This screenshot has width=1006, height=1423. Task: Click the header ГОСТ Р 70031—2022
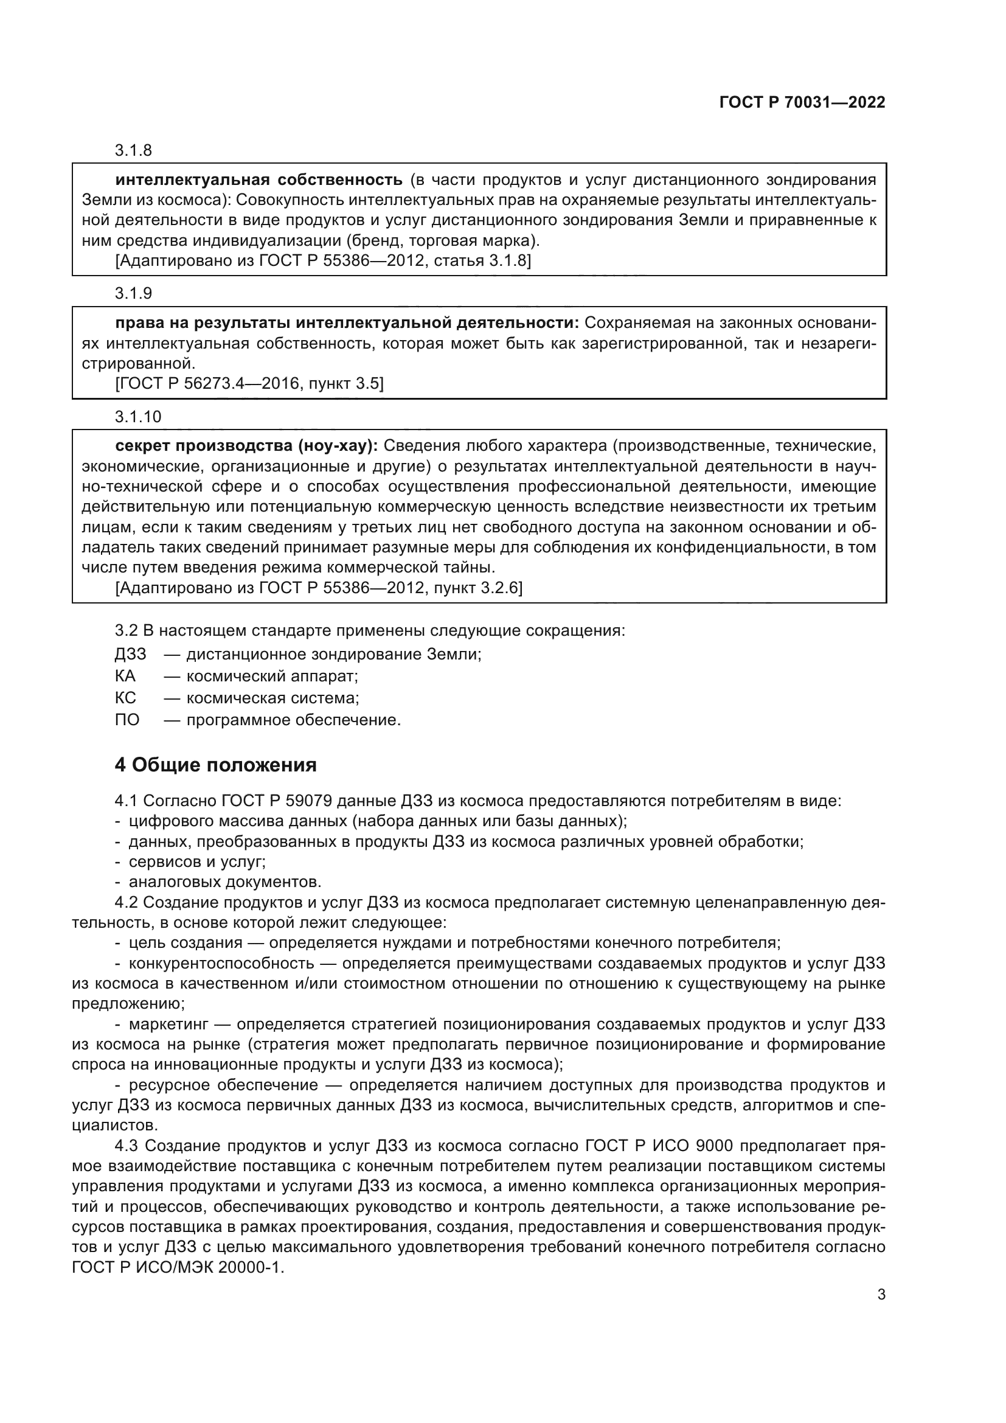pyautogui.click(x=802, y=102)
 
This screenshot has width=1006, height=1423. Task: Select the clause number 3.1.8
pyautogui.click(x=133, y=151)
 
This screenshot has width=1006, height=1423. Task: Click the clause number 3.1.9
pyautogui.click(x=133, y=293)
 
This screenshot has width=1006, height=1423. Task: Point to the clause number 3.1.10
pyautogui.click(x=137, y=417)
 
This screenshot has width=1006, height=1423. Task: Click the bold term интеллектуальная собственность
pyautogui.click(x=259, y=180)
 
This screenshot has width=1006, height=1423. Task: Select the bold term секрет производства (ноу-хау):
pyautogui.click(x=246, y=445)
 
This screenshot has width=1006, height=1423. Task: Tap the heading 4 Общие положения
pyautogui.click(x=215, y=765)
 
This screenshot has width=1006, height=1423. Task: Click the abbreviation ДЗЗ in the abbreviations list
pyautogui.click(x=130, y=655)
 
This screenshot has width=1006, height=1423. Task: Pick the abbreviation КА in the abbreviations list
pyautogui.click(x=125, y=676)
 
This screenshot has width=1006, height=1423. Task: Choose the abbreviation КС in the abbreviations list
pyautogui.click(x=125, y=698)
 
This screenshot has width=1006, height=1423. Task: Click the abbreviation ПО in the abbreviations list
pyautogui.click(x=127, y=720)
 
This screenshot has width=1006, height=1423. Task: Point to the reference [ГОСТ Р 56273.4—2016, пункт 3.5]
pyautogui.click(x=249, y=384)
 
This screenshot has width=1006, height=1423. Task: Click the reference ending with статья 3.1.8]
pyautogui.click(x=323, y=260)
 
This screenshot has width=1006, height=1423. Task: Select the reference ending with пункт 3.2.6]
pyautogui.click(x=318, y=588)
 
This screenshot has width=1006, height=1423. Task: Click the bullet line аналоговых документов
pyautogui.click(x=224, y=882)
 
